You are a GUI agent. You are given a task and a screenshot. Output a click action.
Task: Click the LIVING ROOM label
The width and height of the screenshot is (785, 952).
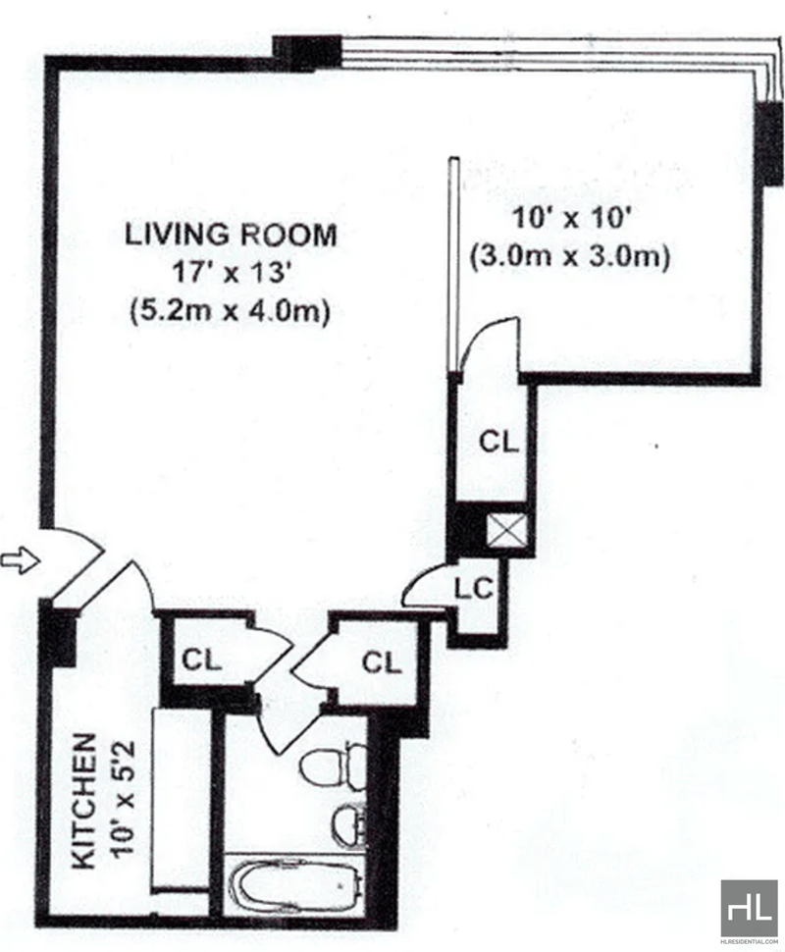(230, 236)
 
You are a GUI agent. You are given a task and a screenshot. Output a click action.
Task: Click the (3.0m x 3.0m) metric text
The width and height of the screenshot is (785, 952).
(568, 257)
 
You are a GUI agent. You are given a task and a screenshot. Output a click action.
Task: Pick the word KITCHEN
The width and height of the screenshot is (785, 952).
(85, 800)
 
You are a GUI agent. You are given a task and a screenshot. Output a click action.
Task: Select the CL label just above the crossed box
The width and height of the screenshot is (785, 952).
(497, 442)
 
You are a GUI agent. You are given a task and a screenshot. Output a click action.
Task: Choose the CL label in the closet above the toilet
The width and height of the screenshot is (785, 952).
(382, 662)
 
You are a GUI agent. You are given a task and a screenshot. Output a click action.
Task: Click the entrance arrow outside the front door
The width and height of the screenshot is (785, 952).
(19, 560)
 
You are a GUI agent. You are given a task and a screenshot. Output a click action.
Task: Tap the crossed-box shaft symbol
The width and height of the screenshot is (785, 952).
(508, 533)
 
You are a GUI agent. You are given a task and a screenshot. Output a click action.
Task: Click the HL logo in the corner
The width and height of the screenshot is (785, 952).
(750, 908)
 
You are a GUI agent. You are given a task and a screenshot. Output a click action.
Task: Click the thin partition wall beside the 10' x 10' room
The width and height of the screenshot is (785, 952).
(454, 265)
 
